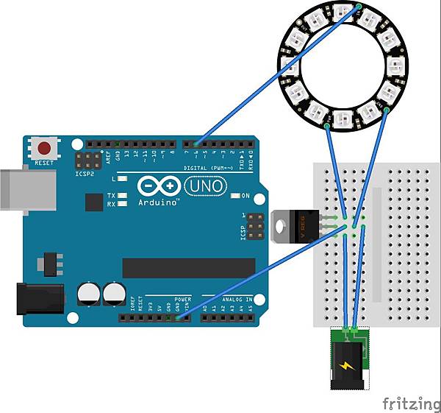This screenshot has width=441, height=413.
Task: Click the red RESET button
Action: (46, 147)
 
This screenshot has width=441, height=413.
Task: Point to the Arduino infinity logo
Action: (159, 186)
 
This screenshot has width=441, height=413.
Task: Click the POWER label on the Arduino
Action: (183, 299)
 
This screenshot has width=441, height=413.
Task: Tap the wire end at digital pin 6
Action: (196, 143)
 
